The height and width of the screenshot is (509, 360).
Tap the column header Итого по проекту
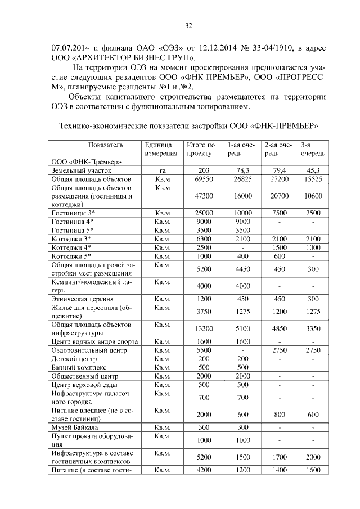click(200, 149)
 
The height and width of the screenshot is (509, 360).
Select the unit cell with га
click(161, 169)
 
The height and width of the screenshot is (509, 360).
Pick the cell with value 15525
click(310, 178)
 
